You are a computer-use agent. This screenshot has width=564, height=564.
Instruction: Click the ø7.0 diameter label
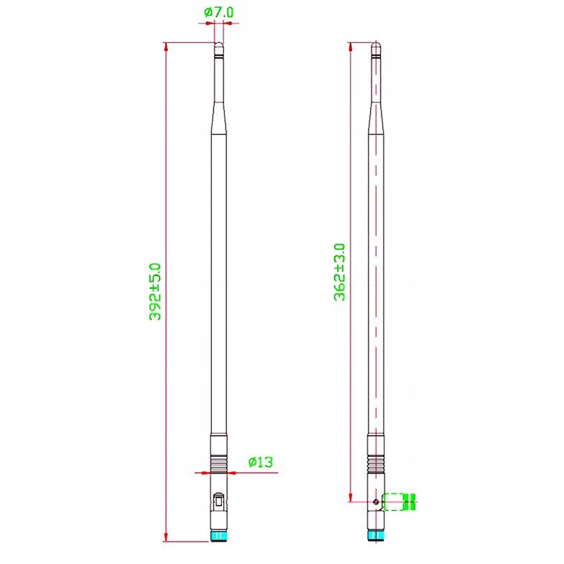[x=218, y=12]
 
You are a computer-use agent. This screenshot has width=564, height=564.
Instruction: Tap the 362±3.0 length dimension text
[x=340, y=272]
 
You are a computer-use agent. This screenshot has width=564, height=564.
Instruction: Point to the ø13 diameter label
[x=260, y=462]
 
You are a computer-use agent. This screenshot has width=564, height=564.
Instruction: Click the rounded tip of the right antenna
[x=375, y=47]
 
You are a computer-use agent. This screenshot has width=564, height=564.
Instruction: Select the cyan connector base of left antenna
[x=218, y=535]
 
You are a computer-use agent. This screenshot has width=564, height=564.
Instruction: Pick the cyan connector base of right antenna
[x=375, y=535]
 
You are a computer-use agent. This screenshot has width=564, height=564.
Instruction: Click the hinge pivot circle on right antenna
[x=376, y=501]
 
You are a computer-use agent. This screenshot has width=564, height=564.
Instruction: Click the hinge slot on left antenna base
[x=218, y=498]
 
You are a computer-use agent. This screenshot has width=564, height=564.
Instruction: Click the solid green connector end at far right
[x=411, y=501]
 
